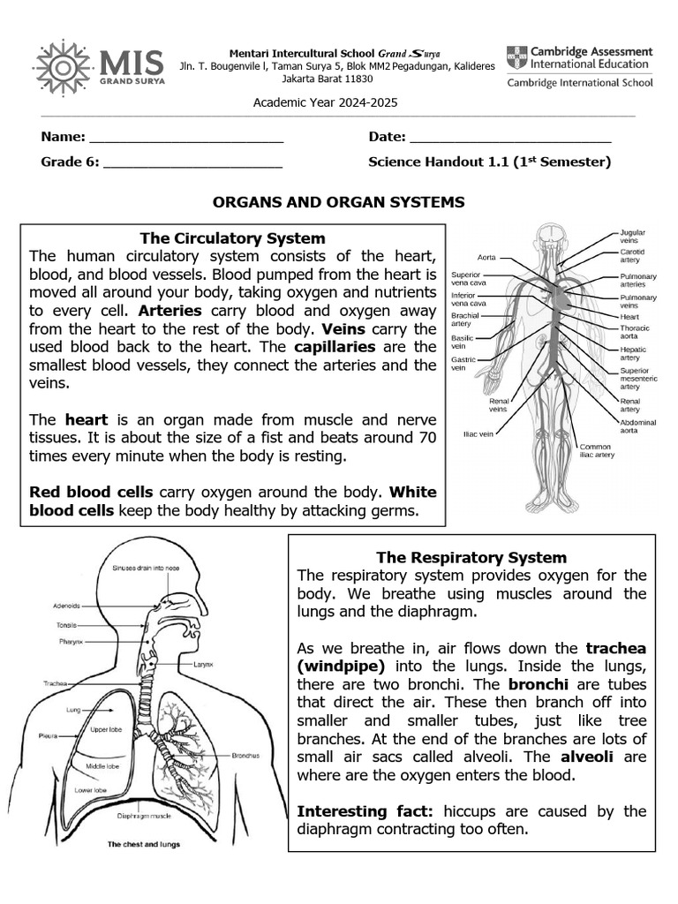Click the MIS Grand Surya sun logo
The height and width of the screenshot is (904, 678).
[x=63, y=67]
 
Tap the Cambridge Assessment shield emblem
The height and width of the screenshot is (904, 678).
[x=516, y=58]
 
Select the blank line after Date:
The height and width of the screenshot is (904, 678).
[x=511, y=138]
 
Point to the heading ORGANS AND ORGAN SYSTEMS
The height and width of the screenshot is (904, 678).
[x=338, y=202]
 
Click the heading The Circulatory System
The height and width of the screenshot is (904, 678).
[x=233, y=238]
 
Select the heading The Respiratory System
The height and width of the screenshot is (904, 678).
[x=471, y=557]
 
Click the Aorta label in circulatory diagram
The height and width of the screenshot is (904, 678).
[x=486, y=257]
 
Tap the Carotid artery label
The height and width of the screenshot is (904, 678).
[x=631, y=256]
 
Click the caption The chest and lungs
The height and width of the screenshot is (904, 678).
[x=144, y=844]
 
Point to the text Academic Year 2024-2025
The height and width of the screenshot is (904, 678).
[x=326, y=102]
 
